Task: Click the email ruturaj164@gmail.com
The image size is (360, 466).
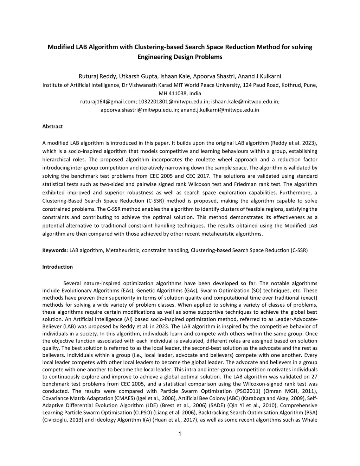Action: [108, 102]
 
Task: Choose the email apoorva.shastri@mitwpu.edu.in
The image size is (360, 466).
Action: [140, 110]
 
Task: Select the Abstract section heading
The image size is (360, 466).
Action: [52, 127]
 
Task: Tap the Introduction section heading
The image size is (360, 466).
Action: [57, 267]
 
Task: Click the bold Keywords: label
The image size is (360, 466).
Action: [55, 250]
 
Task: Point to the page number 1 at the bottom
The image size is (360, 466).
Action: [180, 434]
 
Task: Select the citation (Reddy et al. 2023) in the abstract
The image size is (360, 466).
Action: [294, 143]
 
